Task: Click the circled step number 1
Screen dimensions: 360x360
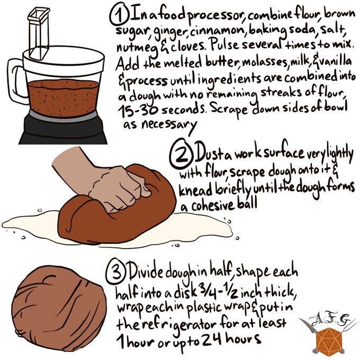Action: tap(119, 14)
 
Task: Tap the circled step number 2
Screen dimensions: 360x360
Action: tap(181, 154)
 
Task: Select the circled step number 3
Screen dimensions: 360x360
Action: tap(116, 272)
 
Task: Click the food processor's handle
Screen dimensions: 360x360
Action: tap(15, 81)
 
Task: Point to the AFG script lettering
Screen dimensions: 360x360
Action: tap(329, 319)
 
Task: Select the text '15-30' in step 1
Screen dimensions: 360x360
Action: tap(138, 110)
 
